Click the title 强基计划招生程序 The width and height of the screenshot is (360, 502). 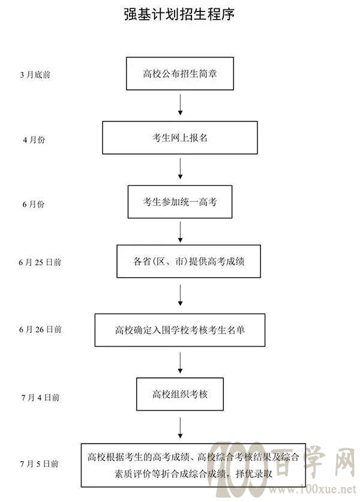coord(179,14)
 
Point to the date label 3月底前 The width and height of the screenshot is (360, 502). coord(35,75)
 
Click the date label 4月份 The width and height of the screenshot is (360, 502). coord(34,140)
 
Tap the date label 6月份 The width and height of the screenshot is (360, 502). coord(34,205)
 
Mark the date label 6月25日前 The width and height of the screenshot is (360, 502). coord(40,263)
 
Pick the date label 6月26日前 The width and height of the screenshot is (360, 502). coord(40,329)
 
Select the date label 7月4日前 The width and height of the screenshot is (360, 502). coord(41,398)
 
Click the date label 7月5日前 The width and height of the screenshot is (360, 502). coord(40,464)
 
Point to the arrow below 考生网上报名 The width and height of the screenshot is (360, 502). coord(180,169)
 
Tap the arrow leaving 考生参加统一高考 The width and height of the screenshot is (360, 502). coord(180,232)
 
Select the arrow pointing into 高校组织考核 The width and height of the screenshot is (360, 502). coord(180,363)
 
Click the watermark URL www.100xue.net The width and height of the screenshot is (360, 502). coord(312,489)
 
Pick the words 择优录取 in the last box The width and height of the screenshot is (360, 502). coord(254,473)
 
